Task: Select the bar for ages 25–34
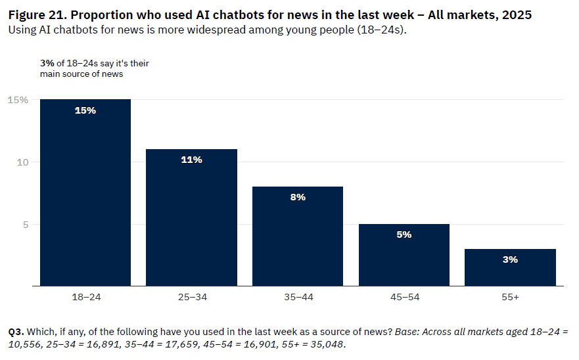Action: (x=191, y=217)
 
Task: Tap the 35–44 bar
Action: (x=298, y=236)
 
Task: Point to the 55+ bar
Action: (x=510, y=267)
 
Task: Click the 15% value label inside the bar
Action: (x=85, y=110)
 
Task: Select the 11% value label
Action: (x=191, y=160)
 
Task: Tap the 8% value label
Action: (x=298, y=197)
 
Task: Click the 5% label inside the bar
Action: (x=404, y=235)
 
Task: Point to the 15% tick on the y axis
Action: (x=18, y=100)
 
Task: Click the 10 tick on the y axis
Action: (x=22, y=162)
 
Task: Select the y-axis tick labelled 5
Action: (x=25, y=225)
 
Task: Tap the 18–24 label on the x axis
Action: (x=85, y=298)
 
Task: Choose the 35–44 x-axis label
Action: (x=298, y=298)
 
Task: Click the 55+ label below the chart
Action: (x=510, y=298)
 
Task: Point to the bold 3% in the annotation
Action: (x=47, y=64)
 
